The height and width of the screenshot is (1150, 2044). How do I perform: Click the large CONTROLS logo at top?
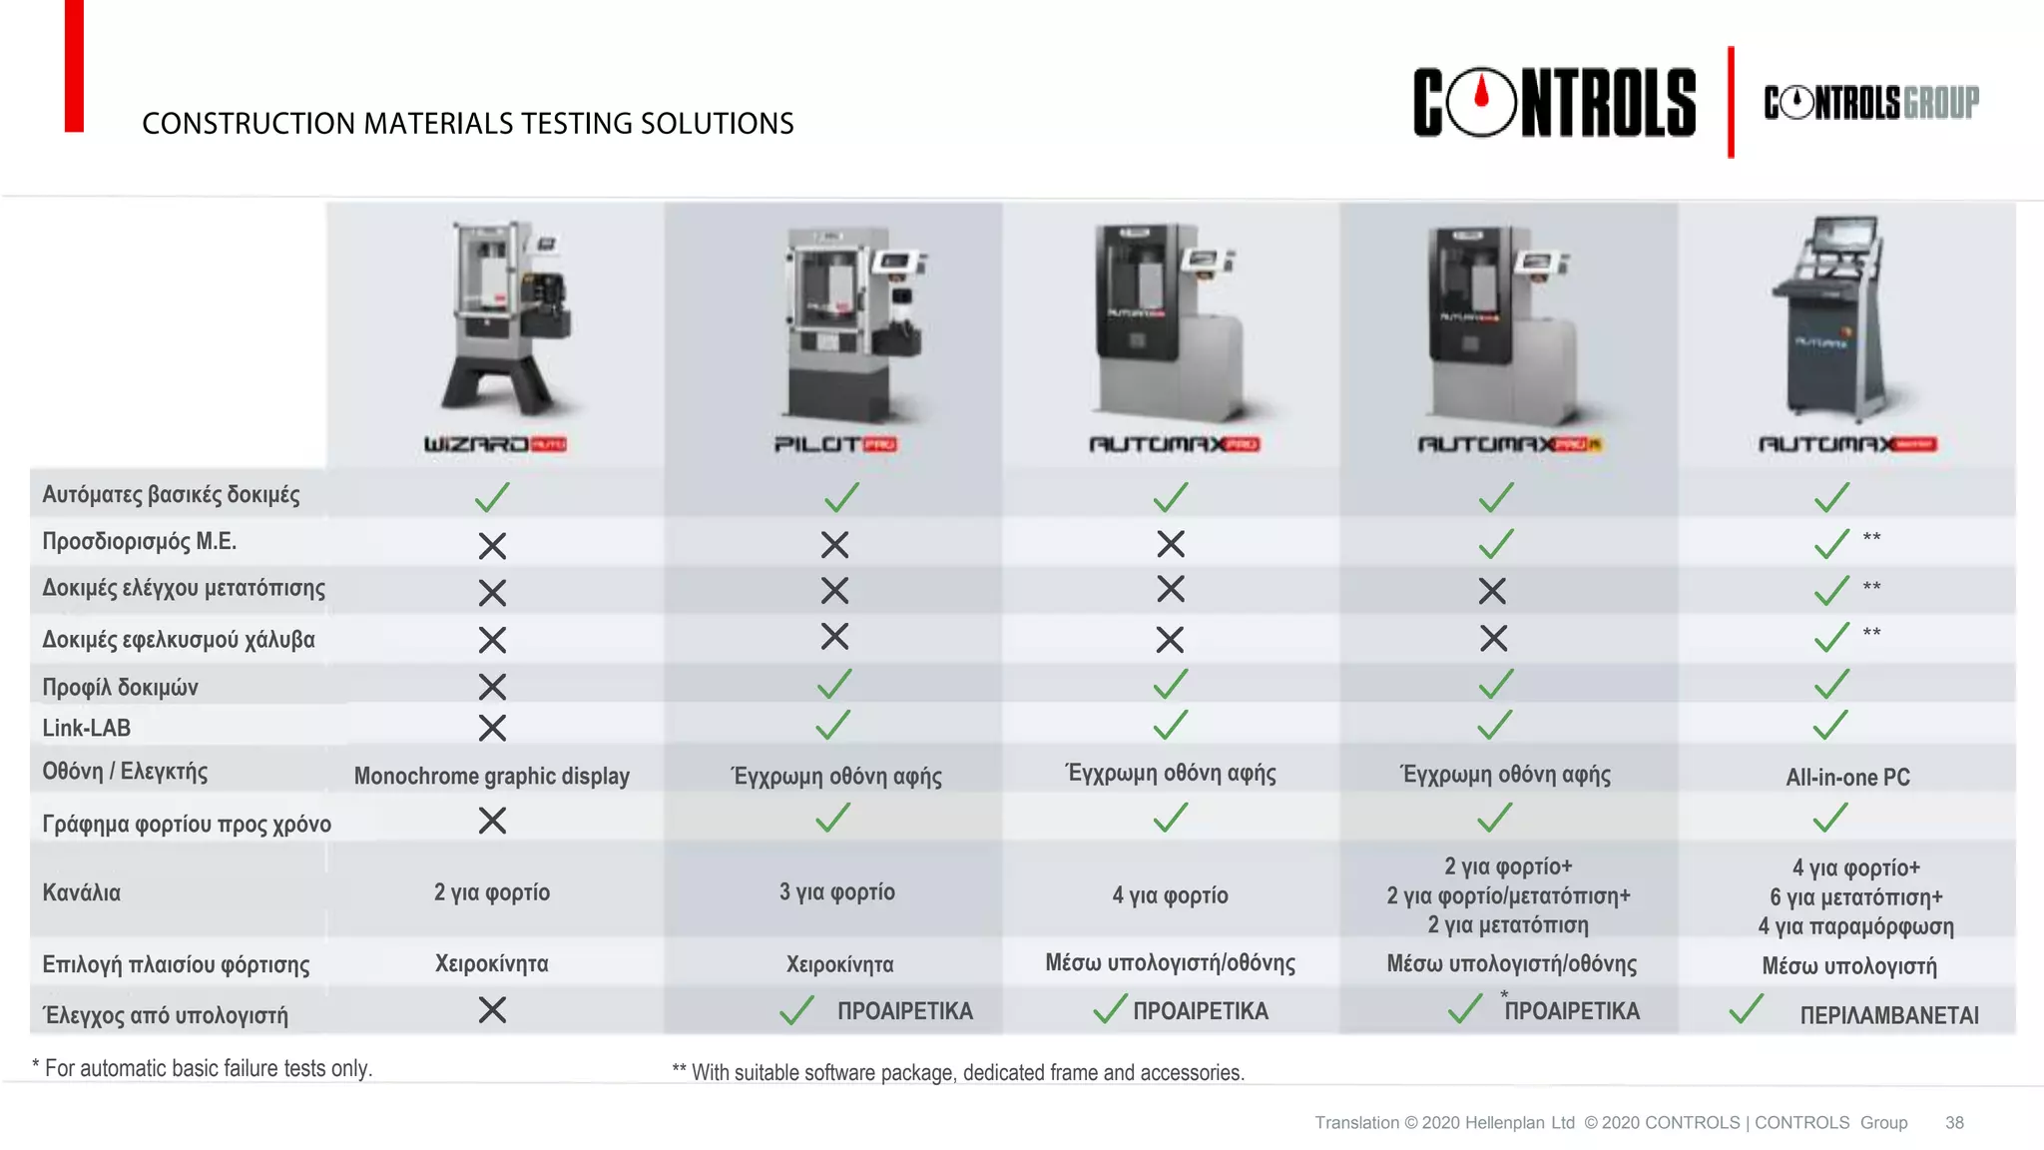coord(1553,102)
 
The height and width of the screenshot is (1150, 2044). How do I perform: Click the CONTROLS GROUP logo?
coord(1871,102)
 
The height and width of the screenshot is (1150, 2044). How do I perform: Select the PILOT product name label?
coord(835,444)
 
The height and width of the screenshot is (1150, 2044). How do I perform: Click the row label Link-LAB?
coord(87,728)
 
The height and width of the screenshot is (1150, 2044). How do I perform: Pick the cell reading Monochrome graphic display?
coord(492,777)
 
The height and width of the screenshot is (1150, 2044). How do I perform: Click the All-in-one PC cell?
coord(1847,778)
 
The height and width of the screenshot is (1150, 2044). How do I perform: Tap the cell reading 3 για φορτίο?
coord(837,892)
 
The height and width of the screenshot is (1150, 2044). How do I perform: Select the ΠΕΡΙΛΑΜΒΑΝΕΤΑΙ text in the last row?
coord(1889,1016)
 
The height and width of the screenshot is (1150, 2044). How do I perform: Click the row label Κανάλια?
coord(81,892)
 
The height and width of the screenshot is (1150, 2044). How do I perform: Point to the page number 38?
coord(1954,1123)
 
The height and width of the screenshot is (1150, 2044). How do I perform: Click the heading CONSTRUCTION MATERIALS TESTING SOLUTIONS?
coord(468,124)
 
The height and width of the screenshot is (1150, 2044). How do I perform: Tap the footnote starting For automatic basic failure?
coord(203,1068)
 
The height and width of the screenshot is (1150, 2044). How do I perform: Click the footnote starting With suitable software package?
coord(958,1073)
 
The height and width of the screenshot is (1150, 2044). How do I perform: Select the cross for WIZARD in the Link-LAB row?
coord(492,728)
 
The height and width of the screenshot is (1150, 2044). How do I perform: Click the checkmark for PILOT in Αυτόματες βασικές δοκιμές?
coord(841,497)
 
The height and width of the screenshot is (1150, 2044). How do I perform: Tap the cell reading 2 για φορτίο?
coord(492,892)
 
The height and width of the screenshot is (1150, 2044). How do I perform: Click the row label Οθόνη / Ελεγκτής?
coord(125,772)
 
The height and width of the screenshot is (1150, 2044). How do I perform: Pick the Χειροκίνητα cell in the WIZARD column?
coord(492,964)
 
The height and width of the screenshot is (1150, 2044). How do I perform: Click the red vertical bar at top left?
coord(74,66)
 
